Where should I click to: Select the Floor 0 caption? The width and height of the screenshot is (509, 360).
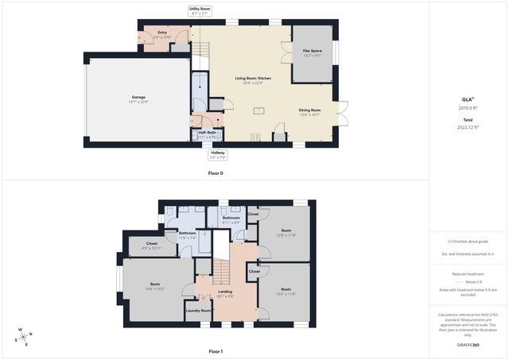[x=216, y=172]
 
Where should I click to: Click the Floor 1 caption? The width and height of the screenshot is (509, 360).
[x=216, y=350]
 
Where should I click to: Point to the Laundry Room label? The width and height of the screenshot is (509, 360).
[x=199, y=311]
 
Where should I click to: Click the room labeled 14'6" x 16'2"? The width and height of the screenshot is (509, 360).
[x=155, y=286]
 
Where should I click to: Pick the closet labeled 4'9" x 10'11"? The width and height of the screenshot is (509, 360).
[x=151, y=245]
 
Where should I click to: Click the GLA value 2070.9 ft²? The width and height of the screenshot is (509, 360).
[x=467, y=108]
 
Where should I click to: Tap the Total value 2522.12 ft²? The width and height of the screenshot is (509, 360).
[x=467, y=126]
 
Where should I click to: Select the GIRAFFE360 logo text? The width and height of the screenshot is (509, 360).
[x=467, y=345]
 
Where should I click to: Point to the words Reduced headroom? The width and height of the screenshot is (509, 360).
[x=467, y=274]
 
